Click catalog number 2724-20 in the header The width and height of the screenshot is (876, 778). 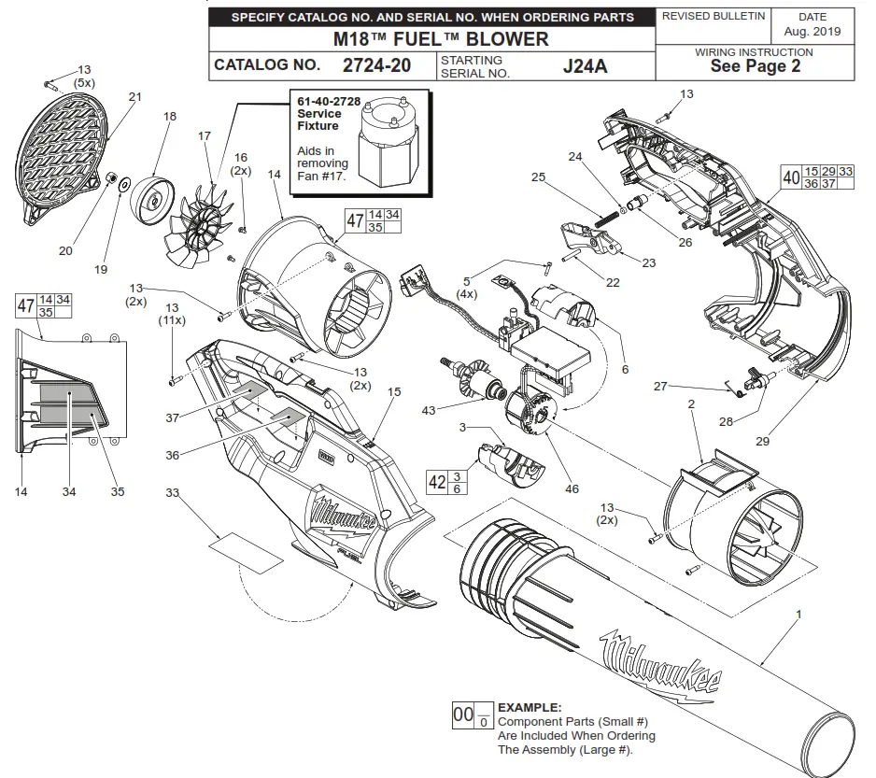point(376,65)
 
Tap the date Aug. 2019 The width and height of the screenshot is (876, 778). point(812,31)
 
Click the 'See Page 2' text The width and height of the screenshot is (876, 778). point(755,66)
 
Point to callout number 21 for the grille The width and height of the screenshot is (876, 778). point(135,97)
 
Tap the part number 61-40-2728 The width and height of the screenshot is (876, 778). point(329,101)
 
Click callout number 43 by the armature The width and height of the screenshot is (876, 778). point(429,411)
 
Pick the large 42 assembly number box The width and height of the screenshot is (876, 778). point(437,481)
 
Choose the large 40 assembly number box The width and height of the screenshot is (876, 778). point(790,177)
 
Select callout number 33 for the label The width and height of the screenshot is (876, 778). point(173,492)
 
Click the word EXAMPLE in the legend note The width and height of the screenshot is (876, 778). point(530,708)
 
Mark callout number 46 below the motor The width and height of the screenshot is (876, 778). point(572,488)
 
